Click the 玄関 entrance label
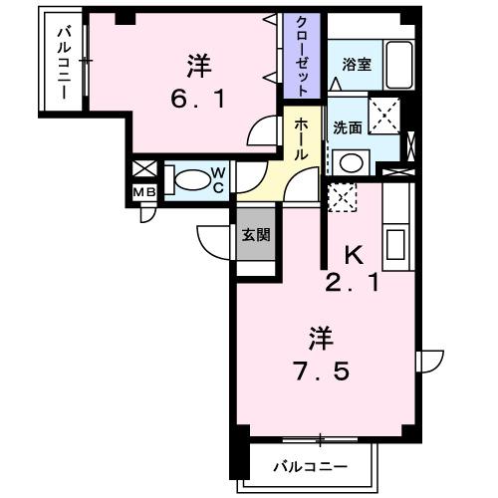coord(253,235)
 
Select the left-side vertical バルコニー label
coord(61,64)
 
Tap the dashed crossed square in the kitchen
coord(342,197)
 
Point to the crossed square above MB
coord(142,169)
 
